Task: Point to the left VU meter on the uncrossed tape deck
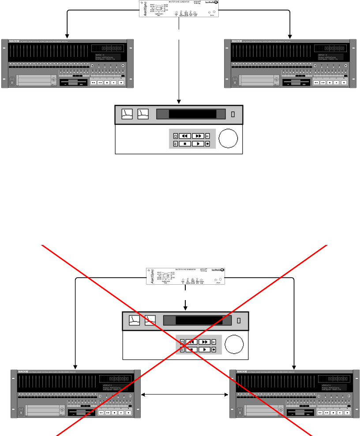[x=127, y=114]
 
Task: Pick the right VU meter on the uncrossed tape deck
[x=143, y=114]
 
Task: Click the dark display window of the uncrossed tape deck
[x=192, y=114]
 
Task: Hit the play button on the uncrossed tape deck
[x=198, y=143]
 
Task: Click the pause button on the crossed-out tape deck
[x=214, y=341]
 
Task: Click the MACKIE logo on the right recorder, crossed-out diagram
[x=242, y=372]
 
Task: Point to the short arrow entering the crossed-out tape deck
[x=186, y=304]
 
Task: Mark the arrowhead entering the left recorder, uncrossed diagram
[x=67, y=36]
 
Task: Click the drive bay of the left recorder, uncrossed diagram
[x=34, y=81]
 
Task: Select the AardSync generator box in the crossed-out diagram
[x=186, y=276]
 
